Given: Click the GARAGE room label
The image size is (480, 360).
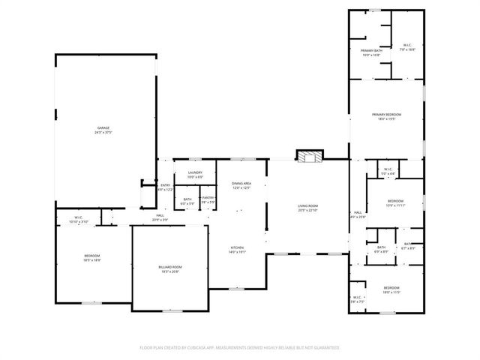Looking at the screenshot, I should tap(103, 128).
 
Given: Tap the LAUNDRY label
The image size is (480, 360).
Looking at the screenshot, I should tap(196, 173).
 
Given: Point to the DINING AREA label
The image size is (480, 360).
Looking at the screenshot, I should tap(241, 183).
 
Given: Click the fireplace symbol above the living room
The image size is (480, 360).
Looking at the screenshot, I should tap(308, 157).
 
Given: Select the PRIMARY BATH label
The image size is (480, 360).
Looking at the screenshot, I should tap(371, 50).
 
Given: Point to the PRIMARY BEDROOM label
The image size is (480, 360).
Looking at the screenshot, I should tap(387, 114).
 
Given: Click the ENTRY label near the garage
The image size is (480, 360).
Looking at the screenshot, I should tap(166, 185).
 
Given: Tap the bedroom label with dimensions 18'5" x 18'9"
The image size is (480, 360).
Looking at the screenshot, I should tap(91, 256).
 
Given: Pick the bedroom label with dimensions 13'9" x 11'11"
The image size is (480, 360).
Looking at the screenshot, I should tap(395, 200).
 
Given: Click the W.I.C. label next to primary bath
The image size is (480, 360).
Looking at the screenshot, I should tap(407, 45).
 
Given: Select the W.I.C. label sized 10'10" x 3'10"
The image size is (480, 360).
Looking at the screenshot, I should tap(79, 218).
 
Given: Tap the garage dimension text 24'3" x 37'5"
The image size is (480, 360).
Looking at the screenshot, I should tap(103, 133).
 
